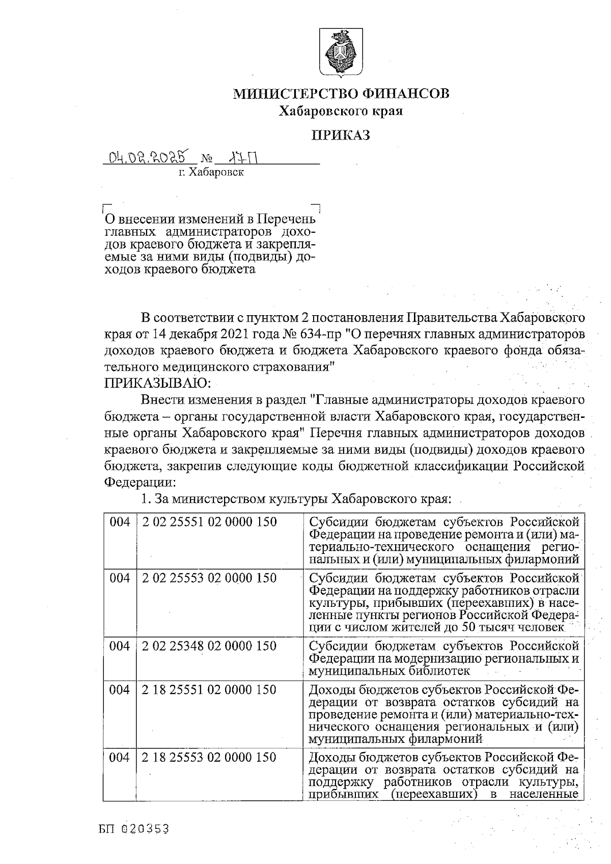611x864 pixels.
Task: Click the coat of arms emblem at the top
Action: point(341,52)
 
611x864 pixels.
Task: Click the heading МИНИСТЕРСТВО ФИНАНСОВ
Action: point(341,94)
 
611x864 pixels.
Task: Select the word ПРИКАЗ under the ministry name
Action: point(341,135)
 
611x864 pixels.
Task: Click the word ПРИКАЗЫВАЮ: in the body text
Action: point(154,382)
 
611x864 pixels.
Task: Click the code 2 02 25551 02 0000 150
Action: point(209,522)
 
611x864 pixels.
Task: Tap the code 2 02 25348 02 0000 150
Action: point(209,646)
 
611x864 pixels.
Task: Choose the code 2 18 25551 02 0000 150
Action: point(209,690)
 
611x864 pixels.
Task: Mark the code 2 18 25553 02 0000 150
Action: point(209,757)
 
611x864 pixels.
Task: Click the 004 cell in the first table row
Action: point(120,522)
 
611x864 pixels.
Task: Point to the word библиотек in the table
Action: point(437,671)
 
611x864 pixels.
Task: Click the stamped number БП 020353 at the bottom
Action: point(134,829)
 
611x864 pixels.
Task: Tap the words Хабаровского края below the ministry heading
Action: point(341,111)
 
